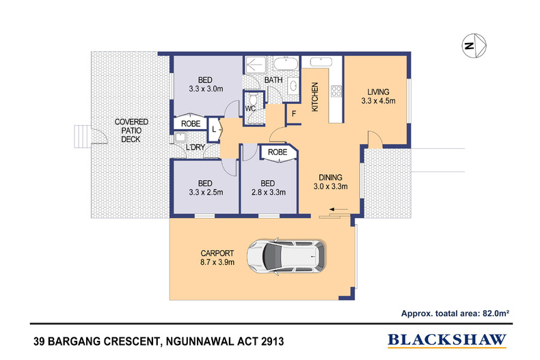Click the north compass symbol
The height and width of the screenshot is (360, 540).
click(471, 46)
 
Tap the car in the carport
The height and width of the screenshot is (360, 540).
click(286, 257)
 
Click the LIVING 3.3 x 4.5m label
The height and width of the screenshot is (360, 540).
click(378, 96)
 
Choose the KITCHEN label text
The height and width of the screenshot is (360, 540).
click(315, 96)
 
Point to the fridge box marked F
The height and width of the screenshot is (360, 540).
click(294, 113)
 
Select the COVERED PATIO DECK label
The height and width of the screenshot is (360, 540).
click(130, 130)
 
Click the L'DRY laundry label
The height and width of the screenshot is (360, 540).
click(196, 149)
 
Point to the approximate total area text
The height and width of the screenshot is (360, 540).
click(457, 314)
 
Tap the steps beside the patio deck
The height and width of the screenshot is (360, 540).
click(81, 135)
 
